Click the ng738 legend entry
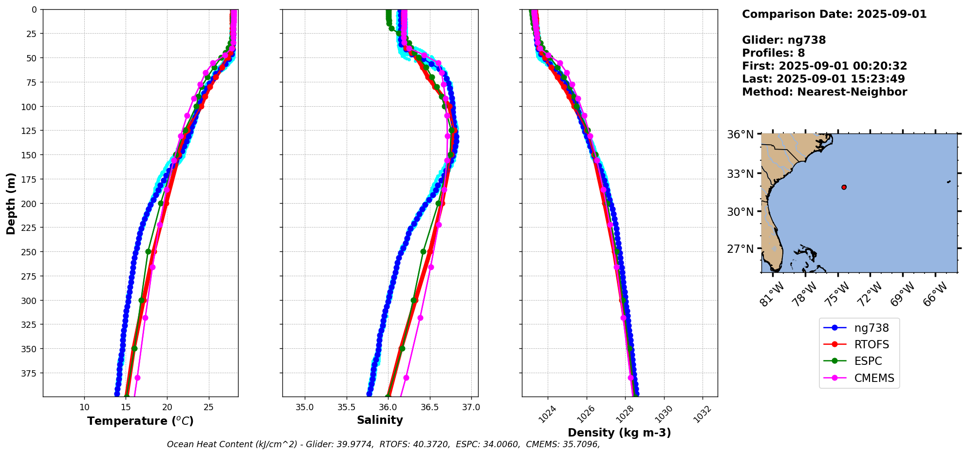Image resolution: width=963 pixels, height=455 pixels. click(871, 328)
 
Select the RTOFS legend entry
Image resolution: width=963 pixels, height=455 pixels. click(871, 345)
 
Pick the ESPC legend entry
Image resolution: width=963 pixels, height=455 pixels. click(868, 361)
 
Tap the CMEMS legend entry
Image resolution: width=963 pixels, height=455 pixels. click(874, 378)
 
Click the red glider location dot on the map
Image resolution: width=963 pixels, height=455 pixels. click(844, 187)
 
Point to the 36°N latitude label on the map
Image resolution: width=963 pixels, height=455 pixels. click(740, 134)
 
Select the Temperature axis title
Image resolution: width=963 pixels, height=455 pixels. click(140, 421)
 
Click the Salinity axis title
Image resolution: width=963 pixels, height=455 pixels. click(380, 420)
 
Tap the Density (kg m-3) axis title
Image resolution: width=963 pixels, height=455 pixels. click(619, 433)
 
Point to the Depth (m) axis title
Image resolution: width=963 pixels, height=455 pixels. click(11, 203)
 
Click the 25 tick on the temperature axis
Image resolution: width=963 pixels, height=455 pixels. click(208, 407)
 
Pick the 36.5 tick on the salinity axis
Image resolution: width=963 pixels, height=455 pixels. click(429, 407)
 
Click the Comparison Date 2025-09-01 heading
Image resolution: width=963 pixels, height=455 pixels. click(834, 14)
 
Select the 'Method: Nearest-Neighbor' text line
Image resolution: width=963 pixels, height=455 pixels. click(824, 92)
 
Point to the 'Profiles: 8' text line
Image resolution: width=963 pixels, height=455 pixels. click(773, 53)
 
